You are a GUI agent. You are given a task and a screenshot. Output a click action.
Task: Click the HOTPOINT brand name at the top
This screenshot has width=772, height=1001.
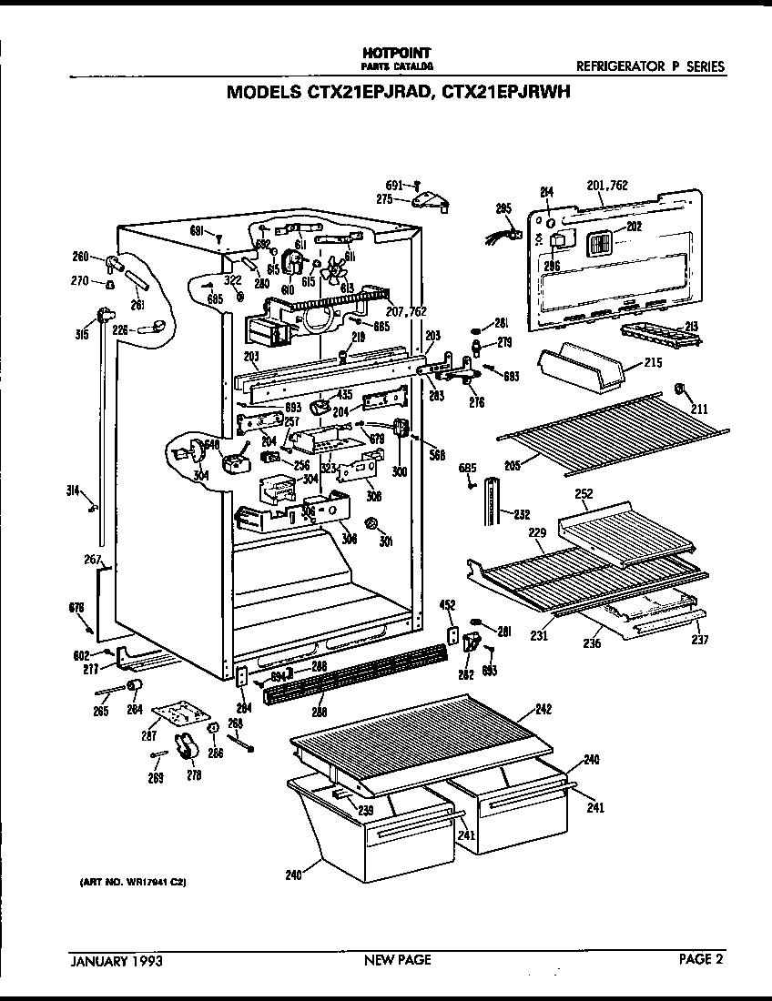tap(396, 54)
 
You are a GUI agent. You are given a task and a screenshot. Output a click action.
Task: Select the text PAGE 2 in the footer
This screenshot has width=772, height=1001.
tap(702, 958)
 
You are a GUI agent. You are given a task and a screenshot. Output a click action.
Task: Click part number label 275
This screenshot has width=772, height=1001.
tap(383, 197)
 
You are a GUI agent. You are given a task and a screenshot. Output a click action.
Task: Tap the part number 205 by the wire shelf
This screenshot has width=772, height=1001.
tap(512, 465)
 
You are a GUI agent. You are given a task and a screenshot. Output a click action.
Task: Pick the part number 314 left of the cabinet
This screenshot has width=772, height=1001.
tap(73, 490)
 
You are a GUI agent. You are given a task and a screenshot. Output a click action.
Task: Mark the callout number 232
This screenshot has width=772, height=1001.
tap(522, 514)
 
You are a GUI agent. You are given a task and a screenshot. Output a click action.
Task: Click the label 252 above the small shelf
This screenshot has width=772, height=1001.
tap(584, 495)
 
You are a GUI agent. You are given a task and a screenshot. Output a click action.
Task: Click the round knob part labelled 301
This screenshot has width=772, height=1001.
tap(371, 524)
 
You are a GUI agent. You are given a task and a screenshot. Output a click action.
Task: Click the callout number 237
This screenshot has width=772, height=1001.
tap(698, 639)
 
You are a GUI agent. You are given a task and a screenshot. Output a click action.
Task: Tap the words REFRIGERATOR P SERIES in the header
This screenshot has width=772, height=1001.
tap(651, 66)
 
